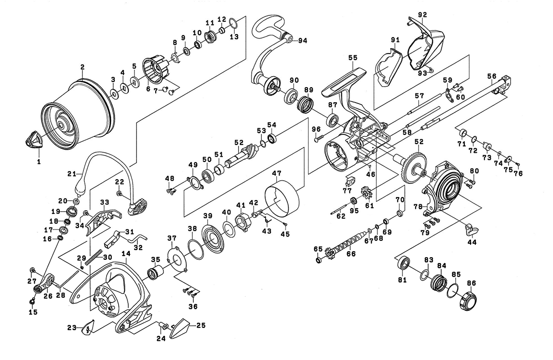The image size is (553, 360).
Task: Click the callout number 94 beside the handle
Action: tap(303, 40)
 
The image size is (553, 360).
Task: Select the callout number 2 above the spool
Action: tap(82, 67)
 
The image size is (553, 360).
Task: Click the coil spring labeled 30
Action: tap(102, 254)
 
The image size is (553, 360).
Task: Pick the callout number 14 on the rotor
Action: tap(126, 253)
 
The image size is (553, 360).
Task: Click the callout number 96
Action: tap(316, 129)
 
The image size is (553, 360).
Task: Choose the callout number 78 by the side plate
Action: tap(418, 206)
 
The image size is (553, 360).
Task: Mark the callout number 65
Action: tap(317, 249)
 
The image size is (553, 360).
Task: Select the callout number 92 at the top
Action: tap(423, 15)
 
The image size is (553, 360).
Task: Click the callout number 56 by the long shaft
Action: tap(491, 76)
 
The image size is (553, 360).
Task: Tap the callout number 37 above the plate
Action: tap(172, 239)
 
